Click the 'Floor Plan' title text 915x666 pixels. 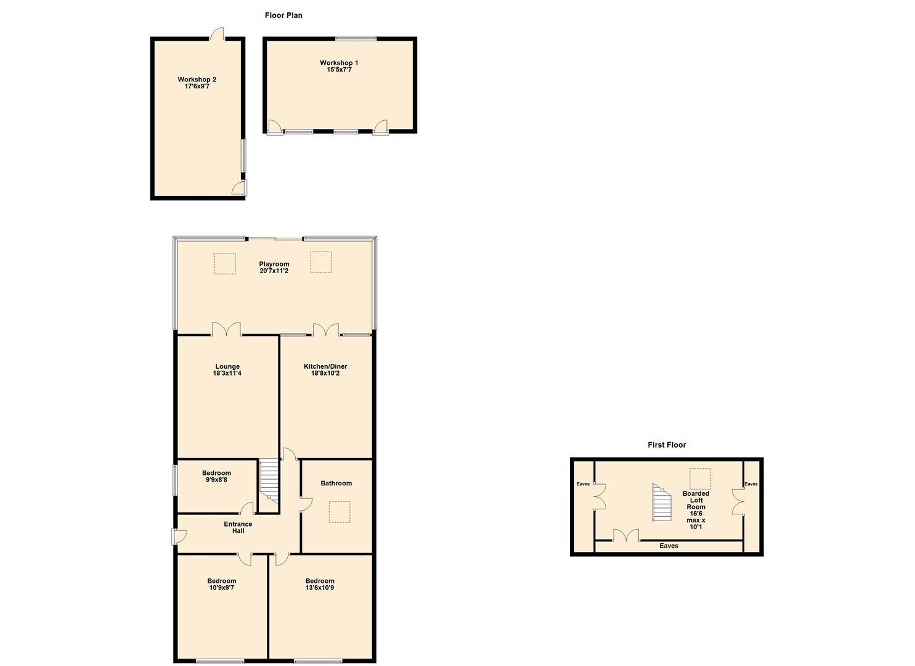click(x=283, y=15)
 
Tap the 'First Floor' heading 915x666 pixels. click(x=667, y=445)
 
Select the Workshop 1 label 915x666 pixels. click(x=339, y=67)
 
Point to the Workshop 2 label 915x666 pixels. click(x=197, y=83)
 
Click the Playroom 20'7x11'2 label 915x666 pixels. click(x=274, y=268)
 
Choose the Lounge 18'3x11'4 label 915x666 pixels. click(x=227, y=370)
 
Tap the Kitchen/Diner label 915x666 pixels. click(x=325, y=370)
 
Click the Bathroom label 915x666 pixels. click(x=336, y=483)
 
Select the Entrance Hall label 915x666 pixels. click(x=238, y=527)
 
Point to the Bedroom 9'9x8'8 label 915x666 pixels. click(x=216, y=477)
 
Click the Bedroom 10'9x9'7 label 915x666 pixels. click(x=222, y=585)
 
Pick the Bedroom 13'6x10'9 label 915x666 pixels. click(x=320, y=585)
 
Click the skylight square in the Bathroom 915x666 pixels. click(x=340, y=512)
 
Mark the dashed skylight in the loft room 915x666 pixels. click(x=700, y=479)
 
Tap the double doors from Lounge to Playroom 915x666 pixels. click(x=227, y=329)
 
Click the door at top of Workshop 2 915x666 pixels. click(x=217, y=35)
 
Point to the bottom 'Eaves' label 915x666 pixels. click(x=669, y=546)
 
